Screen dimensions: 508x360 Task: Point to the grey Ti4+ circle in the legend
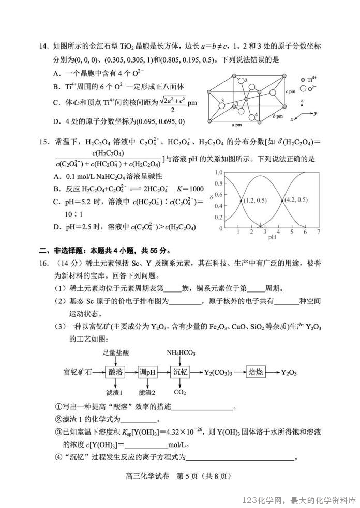tap(303, 80)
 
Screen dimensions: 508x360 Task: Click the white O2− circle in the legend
tap(303, 88)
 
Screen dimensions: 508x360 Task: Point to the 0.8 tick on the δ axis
tap(218, 183)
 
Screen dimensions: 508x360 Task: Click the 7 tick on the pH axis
tap(319, 233)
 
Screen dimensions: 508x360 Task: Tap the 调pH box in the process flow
tap(147, 372)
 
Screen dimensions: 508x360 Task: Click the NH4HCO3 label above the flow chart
tap(181, 353)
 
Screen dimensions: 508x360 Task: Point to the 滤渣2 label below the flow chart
tap(147, 393)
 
